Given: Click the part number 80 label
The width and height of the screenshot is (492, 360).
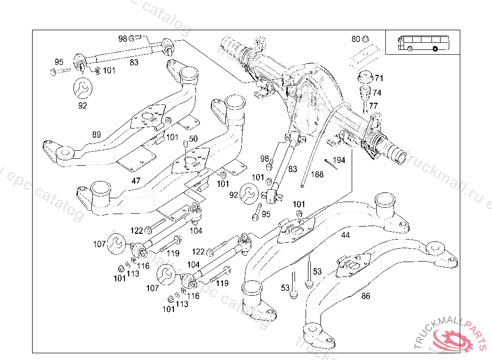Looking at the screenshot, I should [x=356, y=39].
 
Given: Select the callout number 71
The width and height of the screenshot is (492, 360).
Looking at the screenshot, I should [x=379, y=78].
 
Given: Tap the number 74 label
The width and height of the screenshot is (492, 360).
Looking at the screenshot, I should [x=377, y=93].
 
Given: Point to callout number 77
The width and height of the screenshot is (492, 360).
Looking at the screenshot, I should [x=374, y=106].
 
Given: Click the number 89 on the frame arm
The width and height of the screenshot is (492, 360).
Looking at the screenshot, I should [x=97, y=135].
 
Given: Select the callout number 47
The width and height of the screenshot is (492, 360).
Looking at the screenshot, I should [x=136, y=180].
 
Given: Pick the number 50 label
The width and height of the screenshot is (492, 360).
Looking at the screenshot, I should [x=193, y=139].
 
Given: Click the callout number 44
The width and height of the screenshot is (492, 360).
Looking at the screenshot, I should [x=345, y=235].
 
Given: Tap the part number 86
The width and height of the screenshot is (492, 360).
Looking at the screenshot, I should [x=366, y=296].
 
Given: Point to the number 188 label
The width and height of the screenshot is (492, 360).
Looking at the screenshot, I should [x=317, y=174].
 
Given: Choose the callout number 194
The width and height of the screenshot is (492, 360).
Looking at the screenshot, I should [x=339, y=159].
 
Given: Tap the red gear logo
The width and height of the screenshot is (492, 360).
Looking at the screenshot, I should [x=453, y=340].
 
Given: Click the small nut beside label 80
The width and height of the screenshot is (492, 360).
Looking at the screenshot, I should [x=365, y=39].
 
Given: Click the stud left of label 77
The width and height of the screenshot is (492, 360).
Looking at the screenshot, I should [x=365, y=106].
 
